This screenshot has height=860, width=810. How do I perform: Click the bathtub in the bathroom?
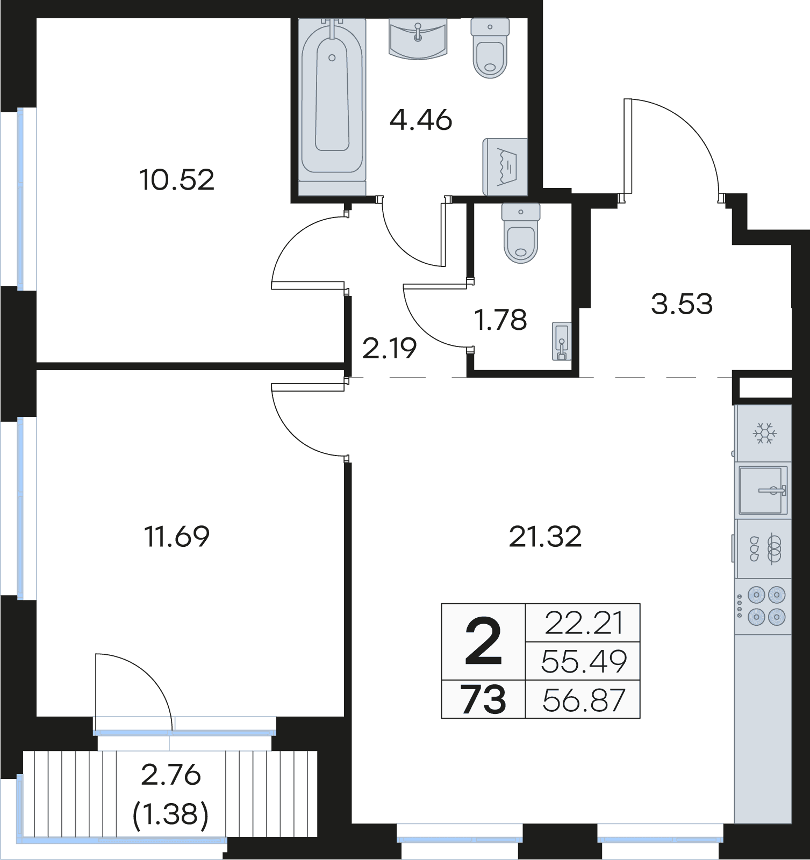click(x=332, y=107)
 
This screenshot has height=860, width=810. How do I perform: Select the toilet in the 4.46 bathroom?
click(x=490, y=48)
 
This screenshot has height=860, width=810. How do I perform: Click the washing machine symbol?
click(x=505, y=167)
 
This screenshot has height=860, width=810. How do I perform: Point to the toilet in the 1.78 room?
click(x=520, y=233)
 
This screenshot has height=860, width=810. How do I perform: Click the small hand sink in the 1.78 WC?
click(x=562, y=341)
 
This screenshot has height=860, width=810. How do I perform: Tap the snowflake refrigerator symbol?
click(x=764, y=433)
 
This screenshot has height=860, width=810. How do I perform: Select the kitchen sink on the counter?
click(x=763, y=490)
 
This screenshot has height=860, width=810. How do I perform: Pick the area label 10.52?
click(x=177, y=179)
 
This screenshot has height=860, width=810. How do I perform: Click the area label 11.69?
click(x=177, y=536)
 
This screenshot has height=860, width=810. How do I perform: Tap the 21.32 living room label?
click(x=545, y=537)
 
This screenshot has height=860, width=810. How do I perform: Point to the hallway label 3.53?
click(x=682, y=303)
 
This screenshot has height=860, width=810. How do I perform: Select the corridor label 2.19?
click(x=390, y=349)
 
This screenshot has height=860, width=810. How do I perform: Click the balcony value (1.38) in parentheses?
click(x=170, y=815)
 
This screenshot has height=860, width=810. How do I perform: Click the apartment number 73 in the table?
click(x=483, y=700)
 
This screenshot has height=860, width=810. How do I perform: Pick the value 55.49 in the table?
click(x=584, y=661)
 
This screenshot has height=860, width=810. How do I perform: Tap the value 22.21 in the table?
click(x=584, y=623)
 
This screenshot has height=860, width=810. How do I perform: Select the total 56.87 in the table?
click(x=584, y=700)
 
